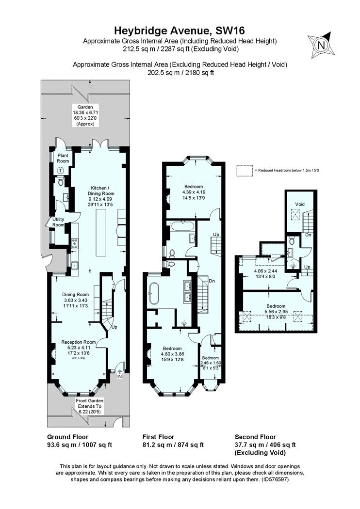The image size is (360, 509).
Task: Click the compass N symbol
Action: pos(322,45)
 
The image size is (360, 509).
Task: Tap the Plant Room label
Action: pos(63,159)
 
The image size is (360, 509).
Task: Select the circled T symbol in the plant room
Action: pos(61,170)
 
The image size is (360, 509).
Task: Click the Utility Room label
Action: pos(58,222)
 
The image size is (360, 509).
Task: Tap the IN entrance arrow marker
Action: pos(119,373)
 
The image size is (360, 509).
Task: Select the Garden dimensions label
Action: pos(85,115)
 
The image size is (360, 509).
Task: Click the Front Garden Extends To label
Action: pos(89,406)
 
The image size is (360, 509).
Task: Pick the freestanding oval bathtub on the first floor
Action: pos(154,293)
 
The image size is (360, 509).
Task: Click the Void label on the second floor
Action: pos(299,204)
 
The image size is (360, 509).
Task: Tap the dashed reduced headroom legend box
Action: pos(245,171)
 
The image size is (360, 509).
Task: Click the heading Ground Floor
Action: pos(67,437)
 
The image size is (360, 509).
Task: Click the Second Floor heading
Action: pos(255,437)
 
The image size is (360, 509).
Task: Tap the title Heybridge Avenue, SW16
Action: pos(180,31)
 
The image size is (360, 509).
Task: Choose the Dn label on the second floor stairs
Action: pos(309,234)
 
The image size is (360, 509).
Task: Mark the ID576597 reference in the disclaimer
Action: pos(275,479)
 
